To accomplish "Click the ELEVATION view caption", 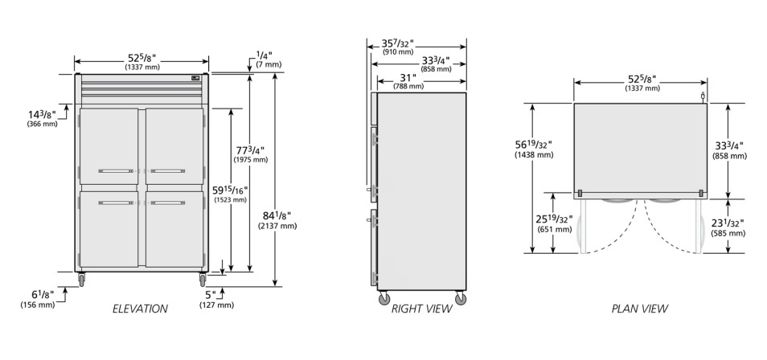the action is coord(140,309).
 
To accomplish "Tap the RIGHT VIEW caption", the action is coord(421,309).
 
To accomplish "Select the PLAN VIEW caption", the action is coord(640,309).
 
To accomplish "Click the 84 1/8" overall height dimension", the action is coord(277,215).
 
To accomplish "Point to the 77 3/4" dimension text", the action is coord(251,149).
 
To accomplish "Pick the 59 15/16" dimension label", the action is coord(231,190).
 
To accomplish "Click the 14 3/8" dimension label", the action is coord(42,114).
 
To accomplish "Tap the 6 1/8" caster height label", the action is coord(43,295).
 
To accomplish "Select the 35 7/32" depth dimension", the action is coord(398,43).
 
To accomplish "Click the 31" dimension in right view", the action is coord(408,78).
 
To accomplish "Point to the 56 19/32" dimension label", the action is coord(532,145).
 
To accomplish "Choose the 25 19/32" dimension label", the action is coord(554,219).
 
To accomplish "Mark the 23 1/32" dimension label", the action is coord(728,223).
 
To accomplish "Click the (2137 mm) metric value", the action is coord(277,226).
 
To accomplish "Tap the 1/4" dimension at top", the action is coord(264,55).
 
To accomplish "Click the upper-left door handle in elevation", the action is coord(116,171).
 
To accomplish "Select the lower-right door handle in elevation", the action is coord(168,202).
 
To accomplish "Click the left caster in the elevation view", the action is coord(81,280).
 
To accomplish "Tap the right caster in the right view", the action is coord(461,298).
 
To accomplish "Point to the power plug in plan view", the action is coord(703,97).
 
